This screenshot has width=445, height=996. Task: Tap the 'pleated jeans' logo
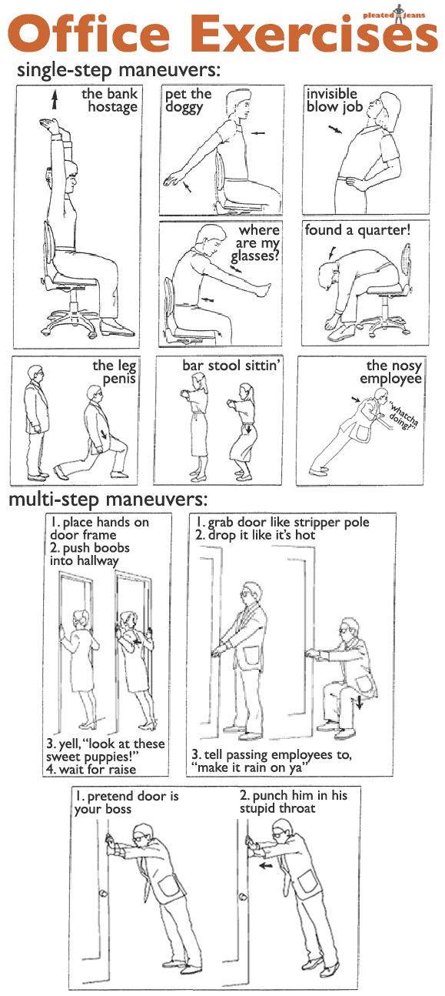click(x=394, y=13)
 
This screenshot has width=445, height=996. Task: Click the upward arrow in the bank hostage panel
click(x=55, y=99)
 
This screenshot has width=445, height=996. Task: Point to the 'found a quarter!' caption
click(x=357, y=230)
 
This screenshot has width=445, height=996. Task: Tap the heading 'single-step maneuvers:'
click(x=118, y=71)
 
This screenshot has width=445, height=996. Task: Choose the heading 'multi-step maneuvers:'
click(x=108, y=500)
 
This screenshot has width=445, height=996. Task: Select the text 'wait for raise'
click(x=98, y=769)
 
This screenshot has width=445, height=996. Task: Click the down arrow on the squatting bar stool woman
click(x=249, y=429)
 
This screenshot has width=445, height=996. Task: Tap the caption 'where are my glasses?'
click(x=256, y=243)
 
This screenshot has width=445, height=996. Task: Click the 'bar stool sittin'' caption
click(x=231, y=366)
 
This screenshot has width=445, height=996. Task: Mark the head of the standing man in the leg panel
click(x=35, y=373)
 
